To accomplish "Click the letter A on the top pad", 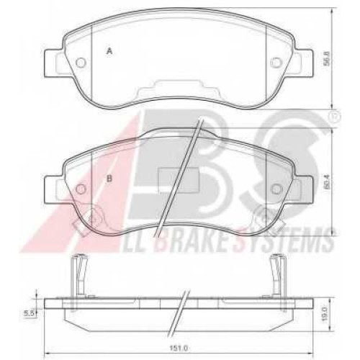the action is (x=109, y=51).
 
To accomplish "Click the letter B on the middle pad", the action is (x=109, y=179).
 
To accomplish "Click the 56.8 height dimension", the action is (x=325, y=58).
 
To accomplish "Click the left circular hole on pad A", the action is (x=81, y=63).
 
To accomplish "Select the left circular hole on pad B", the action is (x=81, y=189).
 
